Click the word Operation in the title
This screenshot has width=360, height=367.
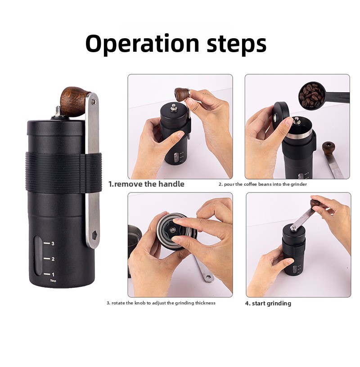[x=142, y=44]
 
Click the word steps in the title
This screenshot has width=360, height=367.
[x=237, y=45]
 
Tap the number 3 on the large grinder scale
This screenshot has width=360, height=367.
[x=53, y=243]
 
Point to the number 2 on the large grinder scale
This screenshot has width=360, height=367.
[x=53, y=259]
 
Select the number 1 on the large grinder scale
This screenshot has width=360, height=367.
[x=53, y=274]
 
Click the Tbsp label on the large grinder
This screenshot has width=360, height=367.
[x=53, y=281]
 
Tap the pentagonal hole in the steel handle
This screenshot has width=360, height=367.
[x=94, y=234]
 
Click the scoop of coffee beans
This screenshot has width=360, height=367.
[x=312, y=95]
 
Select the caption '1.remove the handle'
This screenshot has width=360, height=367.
[x=146, y=184]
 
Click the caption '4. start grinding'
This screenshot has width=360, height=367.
[x=268, y=303]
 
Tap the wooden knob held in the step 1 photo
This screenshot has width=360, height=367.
[x=182, y=94]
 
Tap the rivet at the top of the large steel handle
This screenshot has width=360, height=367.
[x=94, y=102]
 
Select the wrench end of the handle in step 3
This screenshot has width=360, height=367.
[x=208, y=277]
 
